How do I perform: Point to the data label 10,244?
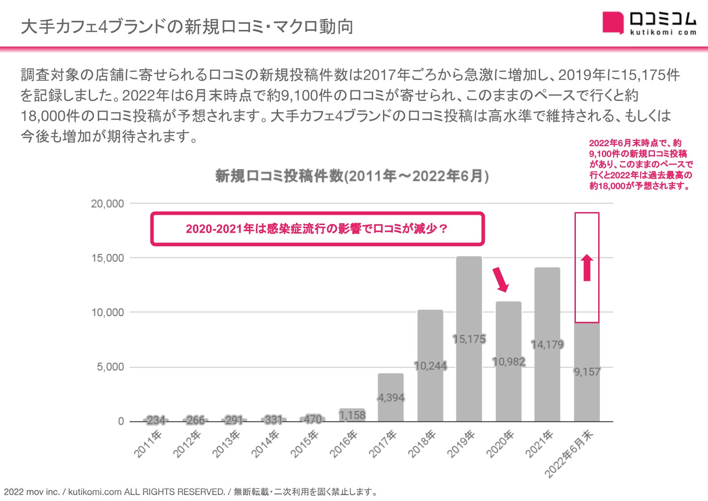pos(430,366)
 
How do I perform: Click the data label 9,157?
pos(587,372)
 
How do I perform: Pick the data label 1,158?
pos(352,415)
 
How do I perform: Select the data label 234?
pos(156,420)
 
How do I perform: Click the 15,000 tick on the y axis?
pos(108,258)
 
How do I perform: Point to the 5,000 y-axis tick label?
pos(110,367)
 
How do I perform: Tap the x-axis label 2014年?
pos(265,444)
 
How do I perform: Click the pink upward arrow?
pos(587,267)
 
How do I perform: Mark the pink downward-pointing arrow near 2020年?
pos(500,280)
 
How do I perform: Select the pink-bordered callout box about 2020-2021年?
pos(317,229)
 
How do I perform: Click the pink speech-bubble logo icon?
pos(612,22)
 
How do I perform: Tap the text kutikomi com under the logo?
pos(663,32)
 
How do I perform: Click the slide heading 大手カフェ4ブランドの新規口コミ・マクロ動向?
pos(187,27)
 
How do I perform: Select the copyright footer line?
pos(191,492)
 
